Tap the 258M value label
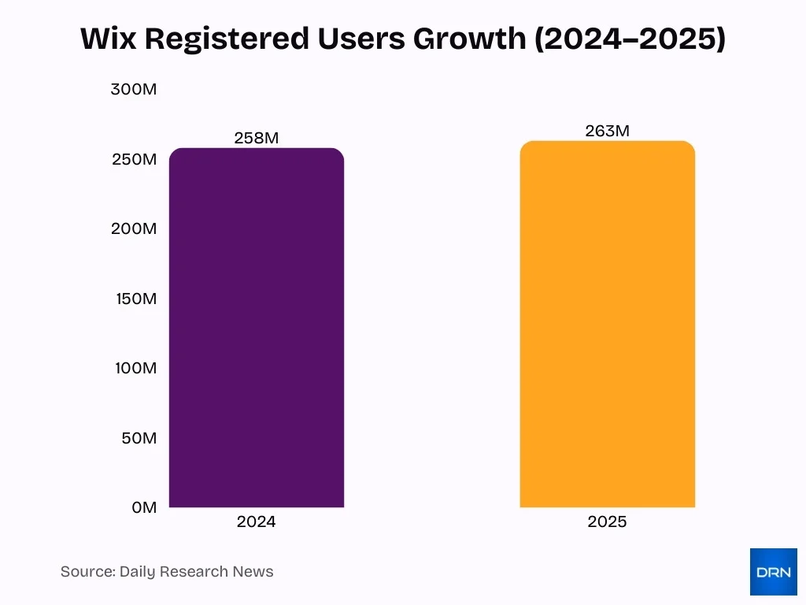pyautogui.click(x=257, y=138)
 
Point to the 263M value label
pyautogui.click(x=607, y=131)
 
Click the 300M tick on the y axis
pyautogui.click(x=134, y=89)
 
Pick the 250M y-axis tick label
pyautogui.click(x=134, y=159)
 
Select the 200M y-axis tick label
pyautogui.click(x=134, y=228)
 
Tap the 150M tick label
pyautogui.click(x=134, y=299)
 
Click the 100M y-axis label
pyautogui.click(x=134, y=368)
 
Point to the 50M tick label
pyautogui.click(x=139, y=438)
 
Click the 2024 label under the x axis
pyautogui.click(x=257, y=521)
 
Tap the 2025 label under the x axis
pyautogui.click(x=607, y=521)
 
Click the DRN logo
pyautogui.click(x=773, y=571)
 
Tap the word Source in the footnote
pyautogui.click(x=87, y=572)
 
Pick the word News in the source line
pyautogui.click(x=253, y=572)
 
